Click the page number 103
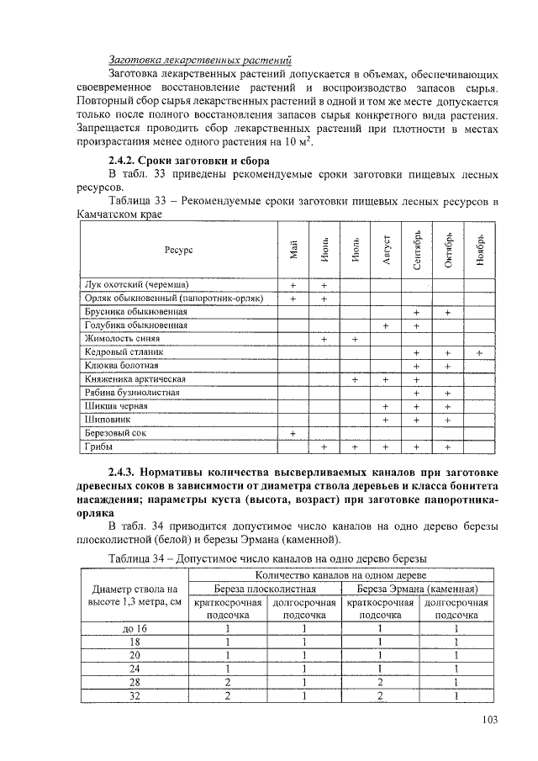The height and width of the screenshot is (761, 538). (x=490, y=718)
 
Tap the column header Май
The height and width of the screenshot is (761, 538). (x=293, y=250)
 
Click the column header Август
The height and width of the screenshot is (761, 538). (x=386, y=250)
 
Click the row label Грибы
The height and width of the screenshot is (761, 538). (x=99, y=447)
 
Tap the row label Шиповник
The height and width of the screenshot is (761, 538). (x=108, y=419)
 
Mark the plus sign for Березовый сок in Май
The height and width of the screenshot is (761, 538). (x=293, y=433)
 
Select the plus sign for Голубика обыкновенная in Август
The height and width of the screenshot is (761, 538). (x=386, y=325)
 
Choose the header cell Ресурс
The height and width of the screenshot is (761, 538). (x=179, y=250)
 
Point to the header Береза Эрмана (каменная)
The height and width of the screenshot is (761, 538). (x=417, y=589)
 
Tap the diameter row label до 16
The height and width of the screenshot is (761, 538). (x=134, y=628)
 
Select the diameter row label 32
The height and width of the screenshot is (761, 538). (x=134, y=695)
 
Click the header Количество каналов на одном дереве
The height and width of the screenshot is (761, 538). (x=340, y=574)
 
